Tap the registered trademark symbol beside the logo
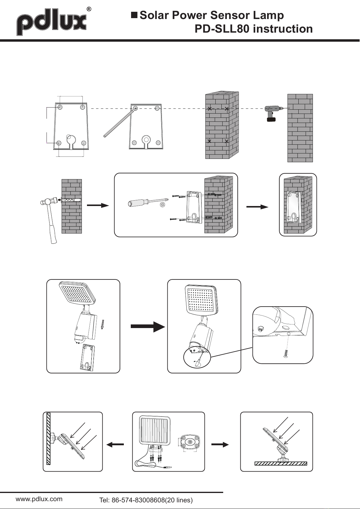[89, 9]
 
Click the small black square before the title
[134, 15]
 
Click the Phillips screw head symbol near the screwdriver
[163, 205]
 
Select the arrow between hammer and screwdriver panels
[98, 205]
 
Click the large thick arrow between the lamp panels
[148, 327]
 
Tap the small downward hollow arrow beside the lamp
[103, 326]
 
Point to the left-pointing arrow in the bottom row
[115, 444]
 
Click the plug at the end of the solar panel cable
[168, 467]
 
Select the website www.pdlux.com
[39, 499]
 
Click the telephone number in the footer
[146, 500]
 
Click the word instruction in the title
[282, 29]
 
